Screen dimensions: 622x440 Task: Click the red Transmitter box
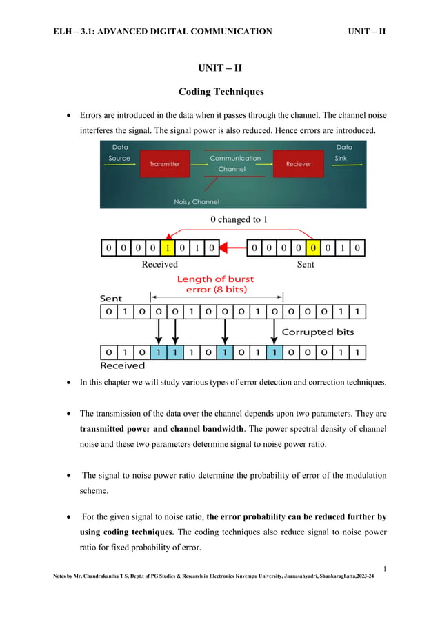(165, 164)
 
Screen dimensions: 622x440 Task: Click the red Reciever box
(298, 164)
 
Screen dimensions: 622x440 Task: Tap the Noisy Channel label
(196, 202)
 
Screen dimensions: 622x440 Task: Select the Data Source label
(119, 152)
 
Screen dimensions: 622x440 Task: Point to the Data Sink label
(343, 152)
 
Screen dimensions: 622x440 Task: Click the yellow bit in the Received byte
(167, 248)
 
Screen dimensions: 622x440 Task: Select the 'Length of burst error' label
(215, 284)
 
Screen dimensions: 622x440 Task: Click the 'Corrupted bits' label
(318, 332)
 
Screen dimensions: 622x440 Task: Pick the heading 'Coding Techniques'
(220, 92)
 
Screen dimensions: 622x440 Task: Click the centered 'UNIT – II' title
(220, 68)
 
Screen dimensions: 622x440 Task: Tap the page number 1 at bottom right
(384, 568)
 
